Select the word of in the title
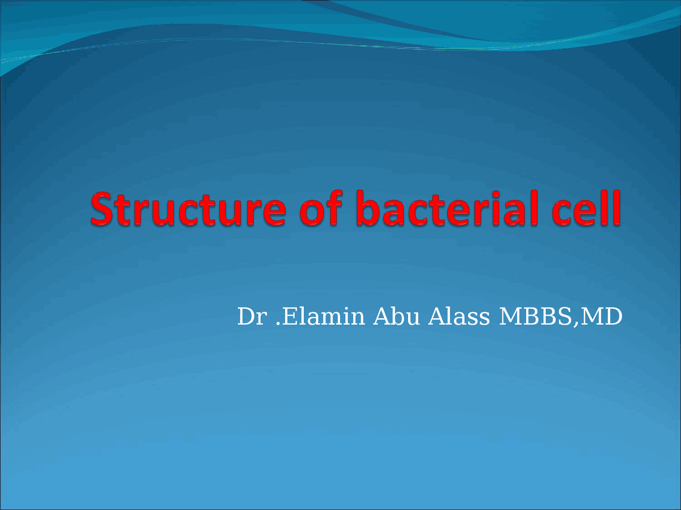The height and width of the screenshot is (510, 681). point(321,208)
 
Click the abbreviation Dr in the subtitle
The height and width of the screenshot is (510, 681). point(251,317)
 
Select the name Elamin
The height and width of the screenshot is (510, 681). point(323,317)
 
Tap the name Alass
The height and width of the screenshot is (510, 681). point(459,317)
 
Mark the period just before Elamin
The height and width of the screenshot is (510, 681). point(278,324)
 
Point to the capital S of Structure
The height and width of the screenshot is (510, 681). point(103,208)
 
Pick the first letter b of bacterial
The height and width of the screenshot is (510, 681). point(368,208)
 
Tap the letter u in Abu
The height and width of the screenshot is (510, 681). point(413,319)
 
